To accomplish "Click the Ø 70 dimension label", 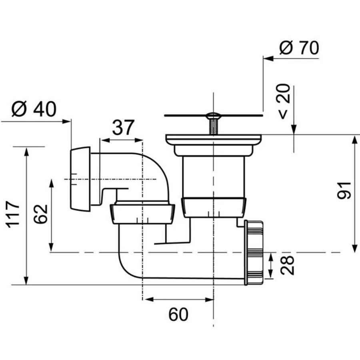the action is (x=299, y=48).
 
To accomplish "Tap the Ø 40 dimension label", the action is (x=34, y=108).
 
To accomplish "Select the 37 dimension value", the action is (x=123, y=127).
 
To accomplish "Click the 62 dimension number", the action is (x=41, y=214).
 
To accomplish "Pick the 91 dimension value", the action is (x=344, y=190).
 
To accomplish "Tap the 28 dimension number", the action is (x=287, y=265).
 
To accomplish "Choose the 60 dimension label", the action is (x=178, y=314).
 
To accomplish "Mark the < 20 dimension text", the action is (x=284, y=102).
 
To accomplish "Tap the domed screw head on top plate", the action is (x=213, y=115).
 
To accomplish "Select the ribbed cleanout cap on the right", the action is (x=254, y=253).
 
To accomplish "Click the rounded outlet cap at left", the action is (x=80, y=179).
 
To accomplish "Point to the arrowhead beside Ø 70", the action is (x=268, y=58).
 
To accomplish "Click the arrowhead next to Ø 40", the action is (x=66, y=121).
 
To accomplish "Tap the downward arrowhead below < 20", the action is (x=294, y=129).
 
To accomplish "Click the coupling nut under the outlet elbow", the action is (x=142, y=214).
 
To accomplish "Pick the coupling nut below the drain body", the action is (x=214, y=207).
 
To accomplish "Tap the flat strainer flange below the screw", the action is (x=214, y=139).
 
